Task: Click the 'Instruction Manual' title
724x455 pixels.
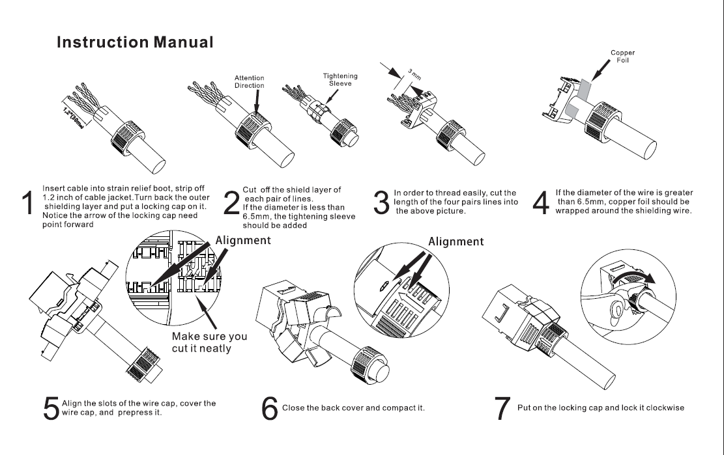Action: point(135,43)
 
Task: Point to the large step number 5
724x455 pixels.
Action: point(50,408)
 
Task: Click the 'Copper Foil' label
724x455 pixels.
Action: point(622,57)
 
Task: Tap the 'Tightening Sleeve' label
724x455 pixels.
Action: point(340,79)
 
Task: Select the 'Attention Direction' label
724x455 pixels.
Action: point(249,82)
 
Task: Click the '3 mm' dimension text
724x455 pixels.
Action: point(414,74)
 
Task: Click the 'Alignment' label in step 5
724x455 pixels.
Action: point(243,240)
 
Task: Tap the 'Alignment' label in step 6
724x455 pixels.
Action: point(456,241)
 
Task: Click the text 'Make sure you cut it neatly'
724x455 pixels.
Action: point(209,342)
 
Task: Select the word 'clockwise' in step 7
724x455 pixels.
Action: point(661,408)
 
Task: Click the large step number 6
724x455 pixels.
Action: point(270,408)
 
